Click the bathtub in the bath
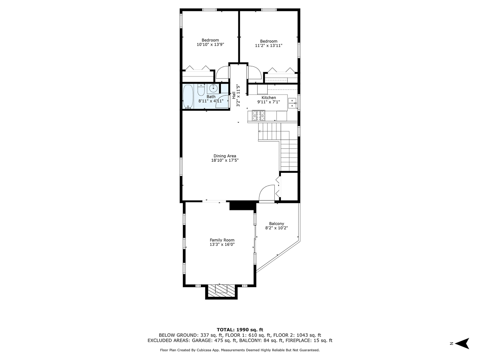point(188,96)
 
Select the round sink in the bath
point(214,88)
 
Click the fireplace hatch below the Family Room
point(222,290)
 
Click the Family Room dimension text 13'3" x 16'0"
point(222,244)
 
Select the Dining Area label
point(225,156)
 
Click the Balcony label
point(276,224)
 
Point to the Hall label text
point(234,96)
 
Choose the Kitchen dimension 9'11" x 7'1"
point(268,102)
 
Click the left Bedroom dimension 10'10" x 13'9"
point(210,45)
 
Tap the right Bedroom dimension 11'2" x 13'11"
point(268,46)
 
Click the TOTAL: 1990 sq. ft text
point(240,329)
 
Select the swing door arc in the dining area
point(266,194)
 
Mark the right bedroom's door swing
point(254,73)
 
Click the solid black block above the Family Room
point(242,206)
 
